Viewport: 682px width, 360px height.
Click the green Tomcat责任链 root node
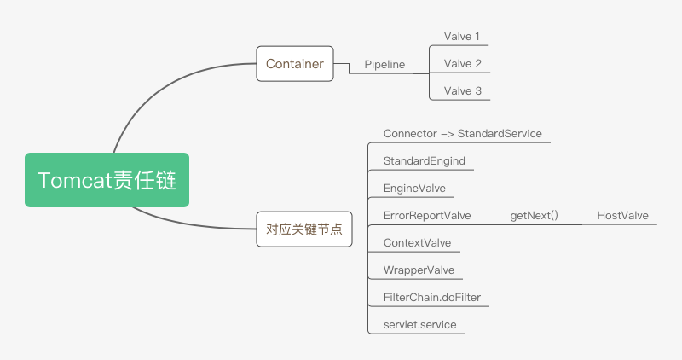(107, 180)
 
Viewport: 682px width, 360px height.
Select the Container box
(295, 64)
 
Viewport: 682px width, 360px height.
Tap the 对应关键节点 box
(304, 229)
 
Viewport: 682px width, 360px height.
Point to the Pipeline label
(384, 65)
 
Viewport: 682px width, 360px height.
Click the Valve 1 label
(461, 37)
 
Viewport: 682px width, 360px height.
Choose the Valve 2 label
(462, 64)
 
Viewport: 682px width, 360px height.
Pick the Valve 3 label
(462, 91)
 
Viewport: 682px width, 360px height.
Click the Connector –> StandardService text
(462, 134)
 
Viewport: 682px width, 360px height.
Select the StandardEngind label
(424, 161)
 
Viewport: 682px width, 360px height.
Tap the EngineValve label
(414, 189)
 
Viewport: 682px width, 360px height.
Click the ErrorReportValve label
(427, 216)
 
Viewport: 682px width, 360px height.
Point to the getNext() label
(535, 216)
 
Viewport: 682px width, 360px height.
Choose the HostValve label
(622, 216)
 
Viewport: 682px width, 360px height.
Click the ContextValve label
(417, 243)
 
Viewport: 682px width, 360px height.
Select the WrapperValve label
(419, 270)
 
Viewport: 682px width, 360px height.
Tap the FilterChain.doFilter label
(432, 298)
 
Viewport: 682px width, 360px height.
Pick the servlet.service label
(419, 325)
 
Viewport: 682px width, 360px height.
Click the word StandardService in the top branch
(500, 134)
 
